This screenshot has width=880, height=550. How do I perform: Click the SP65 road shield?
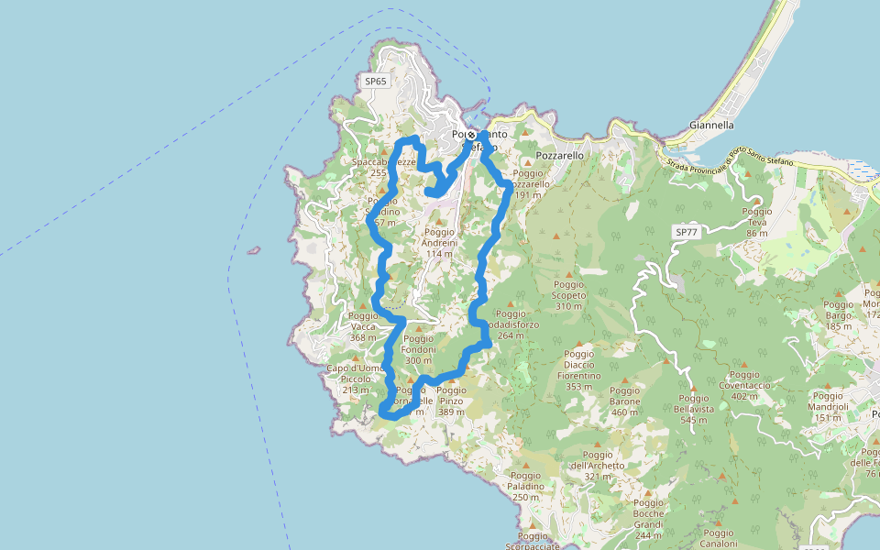(376, 82)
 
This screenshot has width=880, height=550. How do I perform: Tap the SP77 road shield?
(686, 233)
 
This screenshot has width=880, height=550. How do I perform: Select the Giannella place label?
(711, 125)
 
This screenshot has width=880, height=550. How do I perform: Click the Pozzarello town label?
(559, 156)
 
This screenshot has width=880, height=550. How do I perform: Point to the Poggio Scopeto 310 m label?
(569, 295)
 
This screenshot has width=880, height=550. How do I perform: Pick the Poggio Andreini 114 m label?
(439, 243)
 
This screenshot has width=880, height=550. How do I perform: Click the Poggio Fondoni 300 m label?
(418, 348)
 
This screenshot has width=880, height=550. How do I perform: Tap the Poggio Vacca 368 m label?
(363, 326)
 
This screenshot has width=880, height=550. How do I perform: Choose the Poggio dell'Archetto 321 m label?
(597, 465)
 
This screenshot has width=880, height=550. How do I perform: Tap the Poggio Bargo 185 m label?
(839, 314)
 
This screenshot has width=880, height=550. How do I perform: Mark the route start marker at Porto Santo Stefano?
(471, 135)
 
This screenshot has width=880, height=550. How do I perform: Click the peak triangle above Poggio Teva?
(757, 200)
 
